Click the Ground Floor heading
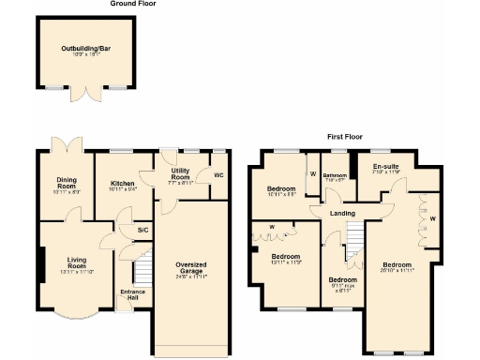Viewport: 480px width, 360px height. (x=132, y=4)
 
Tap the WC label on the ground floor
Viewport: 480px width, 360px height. (x=217, y=175)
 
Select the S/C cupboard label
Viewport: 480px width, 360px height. (x=142, y=230)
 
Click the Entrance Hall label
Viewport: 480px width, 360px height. (x=132, y=295)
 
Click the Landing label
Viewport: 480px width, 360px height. (x=342, y=213)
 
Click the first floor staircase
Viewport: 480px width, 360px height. (x=354, y=248)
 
